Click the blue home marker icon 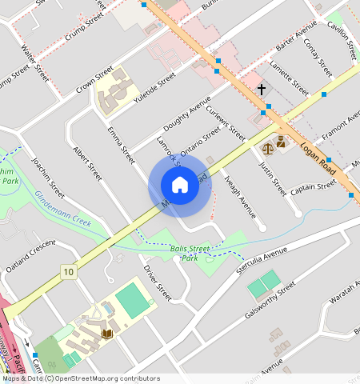point(180,186)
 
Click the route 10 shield point(69,272)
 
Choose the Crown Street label point(95,82)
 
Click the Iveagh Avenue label point(240,196)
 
